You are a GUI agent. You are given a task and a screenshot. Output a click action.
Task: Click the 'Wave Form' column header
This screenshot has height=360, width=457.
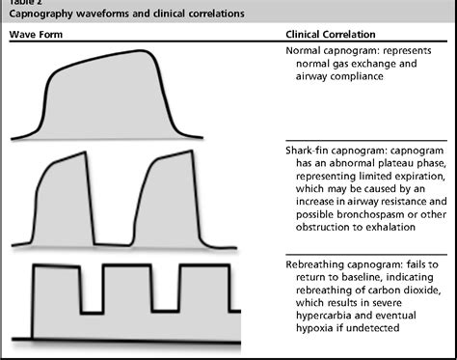coord(34,35)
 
